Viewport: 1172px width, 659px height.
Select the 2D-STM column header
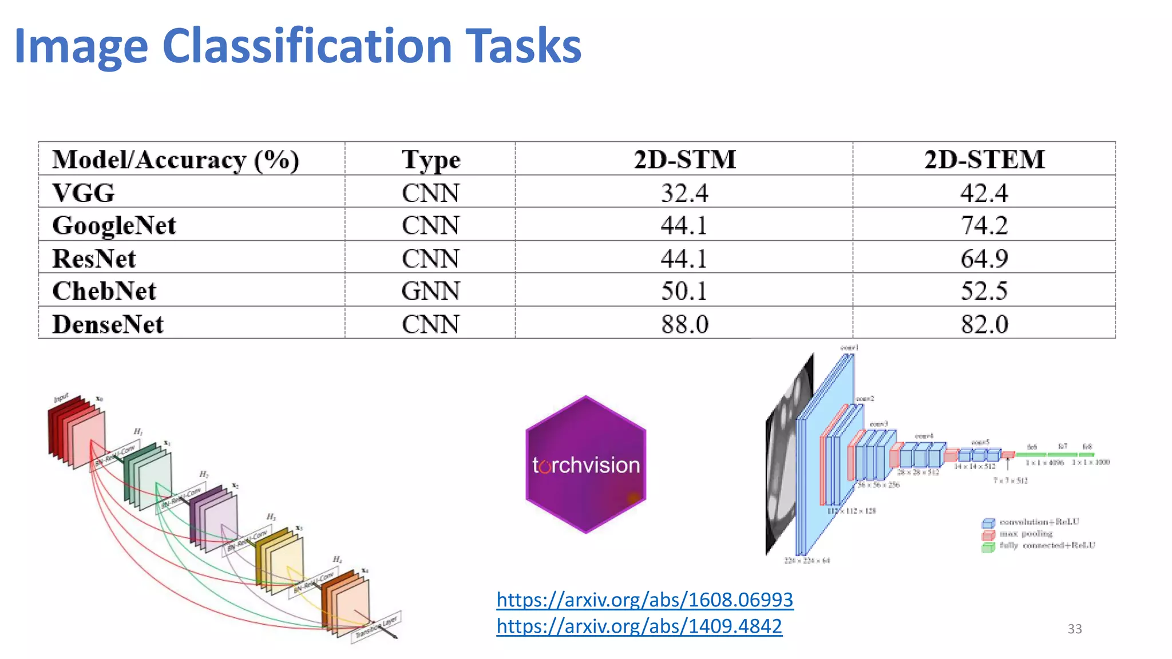[x=684, y=159]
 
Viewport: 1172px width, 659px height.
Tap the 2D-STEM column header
[x=984, y=159]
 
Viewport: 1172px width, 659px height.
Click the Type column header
[x=430, y=160]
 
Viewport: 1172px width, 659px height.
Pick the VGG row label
[x=84, y=193]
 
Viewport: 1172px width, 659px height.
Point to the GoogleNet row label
[x=114, y=225]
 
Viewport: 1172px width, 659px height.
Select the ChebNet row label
[x=104, y=291]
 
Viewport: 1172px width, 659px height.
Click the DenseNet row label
[x=108, y=324]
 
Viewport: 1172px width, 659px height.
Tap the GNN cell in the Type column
[x=430, y=291]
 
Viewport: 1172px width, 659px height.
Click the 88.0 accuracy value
[x=684, y=324]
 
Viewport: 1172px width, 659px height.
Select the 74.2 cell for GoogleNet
[x=984, y=225]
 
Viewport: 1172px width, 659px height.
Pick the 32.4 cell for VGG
[x=684, y=193]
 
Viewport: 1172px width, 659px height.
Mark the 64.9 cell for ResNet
[x=984, y=259]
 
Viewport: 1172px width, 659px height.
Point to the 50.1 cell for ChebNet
[x=684, y=291]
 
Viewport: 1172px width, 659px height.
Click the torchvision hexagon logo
[x=585, y=465]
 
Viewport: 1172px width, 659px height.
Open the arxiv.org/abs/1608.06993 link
[x=644, y=600]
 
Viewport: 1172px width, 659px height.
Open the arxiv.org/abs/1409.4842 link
[x=639, y=626]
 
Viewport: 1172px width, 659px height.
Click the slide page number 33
[x=1074, y=629]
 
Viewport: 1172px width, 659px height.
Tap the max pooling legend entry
[x=1025, y=534]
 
